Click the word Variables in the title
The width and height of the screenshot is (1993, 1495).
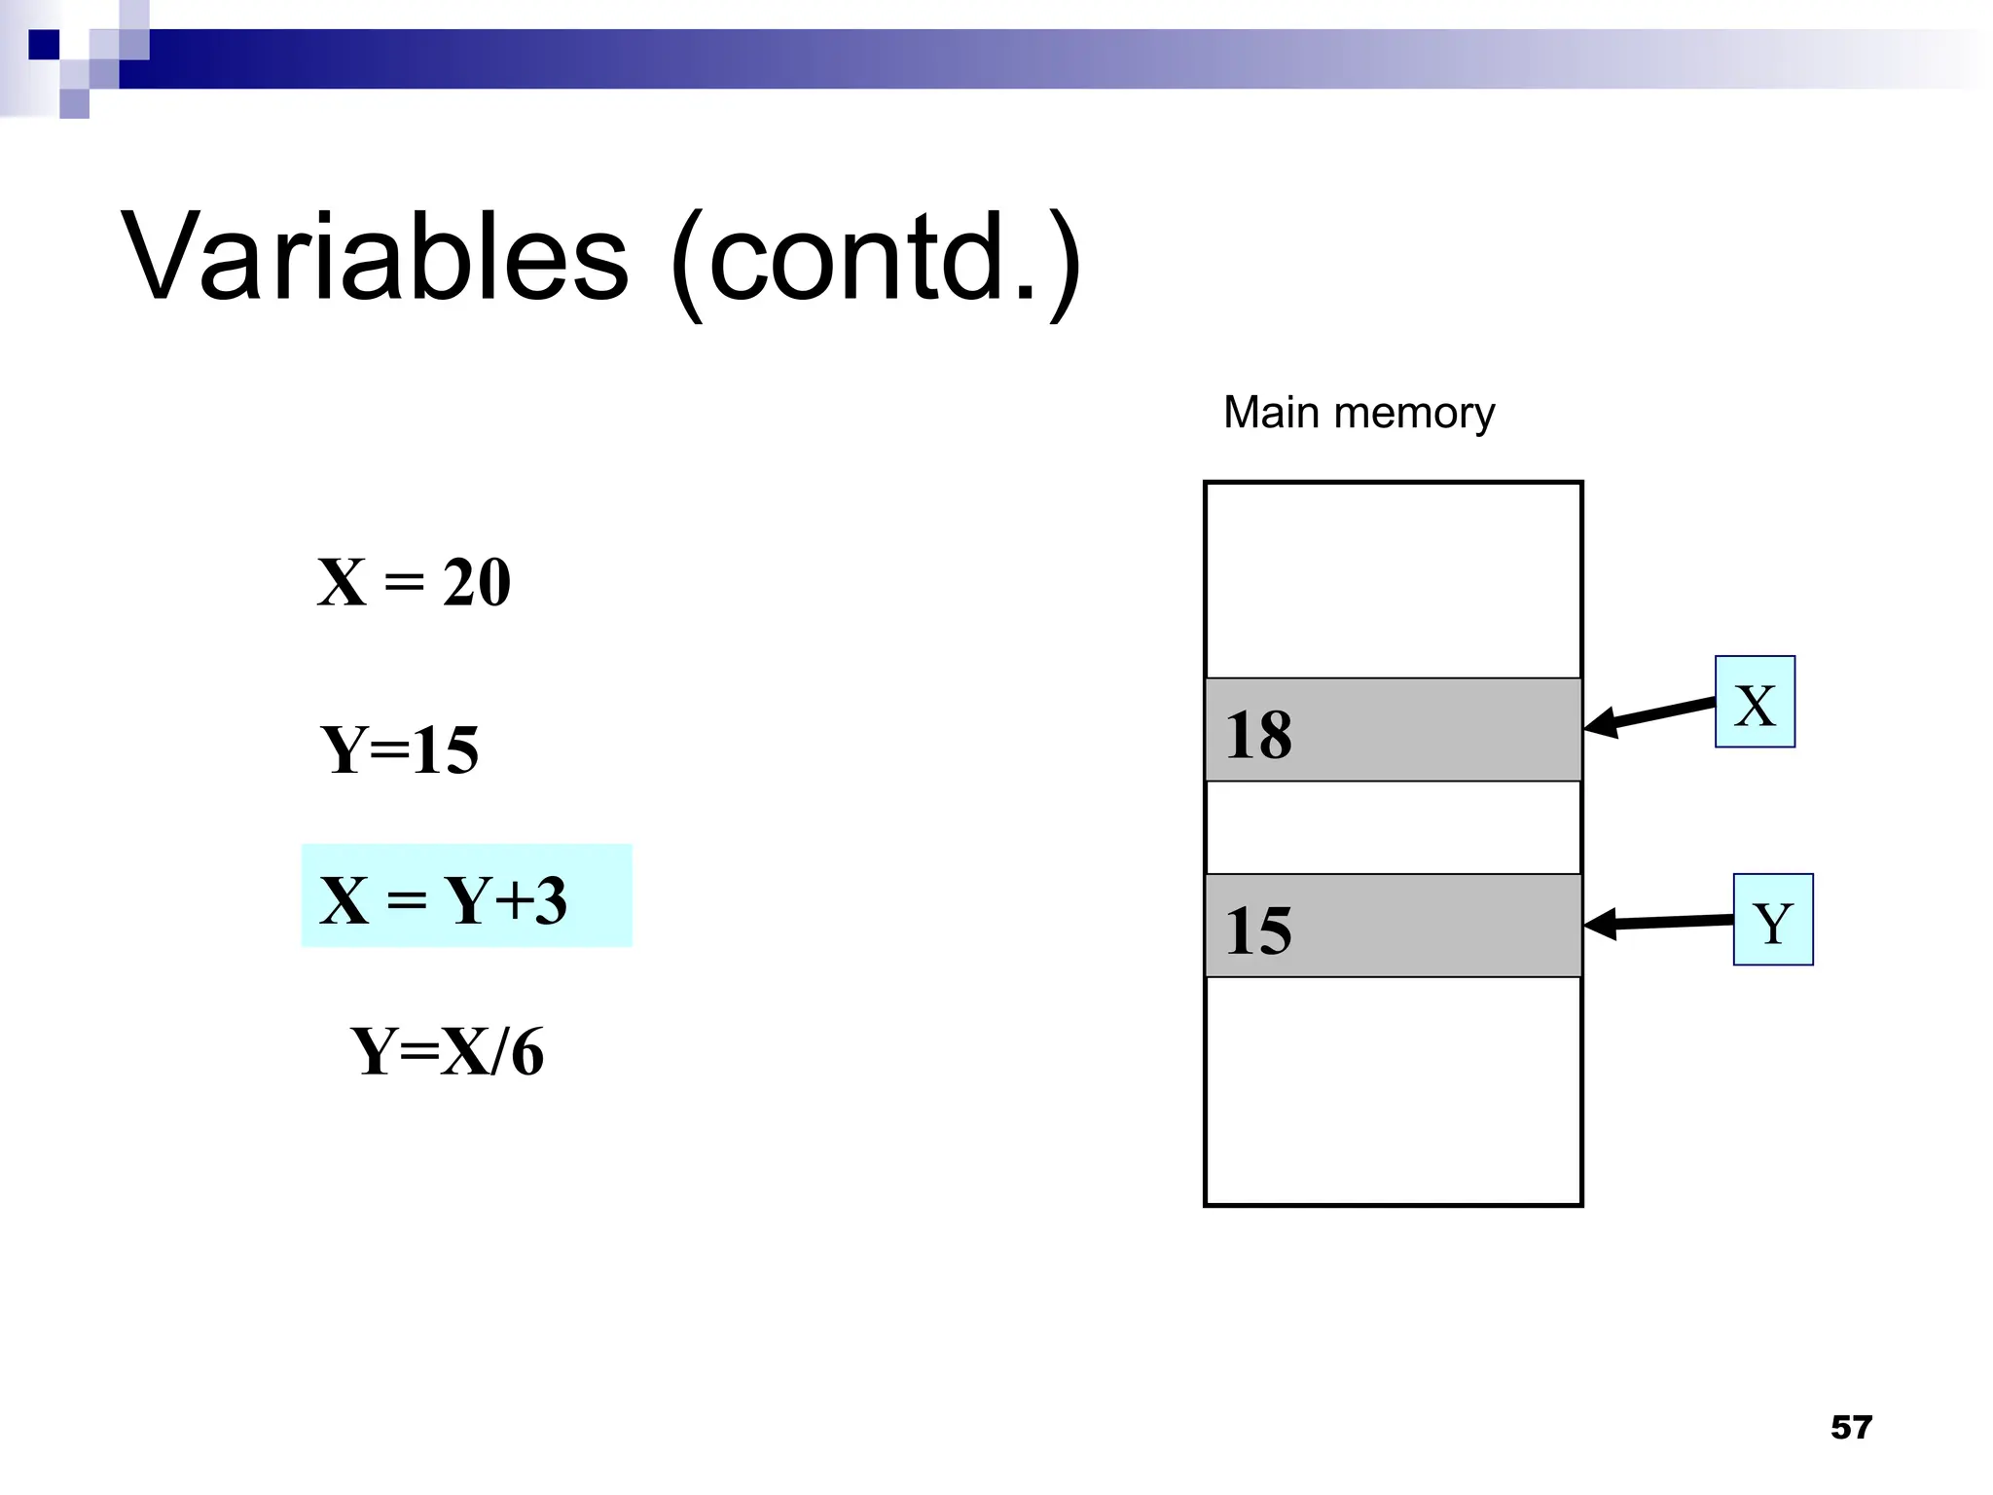(375, 257)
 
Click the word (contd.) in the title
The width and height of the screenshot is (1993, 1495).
(876, 261)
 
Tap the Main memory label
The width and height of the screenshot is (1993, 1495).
(1359, 413)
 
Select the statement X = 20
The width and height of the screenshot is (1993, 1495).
(414, 582)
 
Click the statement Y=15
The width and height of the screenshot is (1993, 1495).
(400, 749)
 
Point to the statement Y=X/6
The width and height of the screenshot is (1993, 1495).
(448, 1051)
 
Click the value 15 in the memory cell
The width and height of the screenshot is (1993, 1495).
(1258, 930)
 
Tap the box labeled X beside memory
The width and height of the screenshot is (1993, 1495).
(1755, 702)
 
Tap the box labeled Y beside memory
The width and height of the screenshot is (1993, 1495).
(1773, 920)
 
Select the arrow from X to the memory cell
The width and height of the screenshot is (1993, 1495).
(1649, 715)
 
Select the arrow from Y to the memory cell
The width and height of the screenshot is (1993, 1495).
(1658, 922)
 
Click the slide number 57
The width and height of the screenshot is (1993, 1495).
(1851, 1427)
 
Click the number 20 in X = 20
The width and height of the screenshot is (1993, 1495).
(477, 582)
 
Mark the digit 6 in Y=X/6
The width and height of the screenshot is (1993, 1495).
(527, 1051)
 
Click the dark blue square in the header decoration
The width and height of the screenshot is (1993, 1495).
(44, 45)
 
